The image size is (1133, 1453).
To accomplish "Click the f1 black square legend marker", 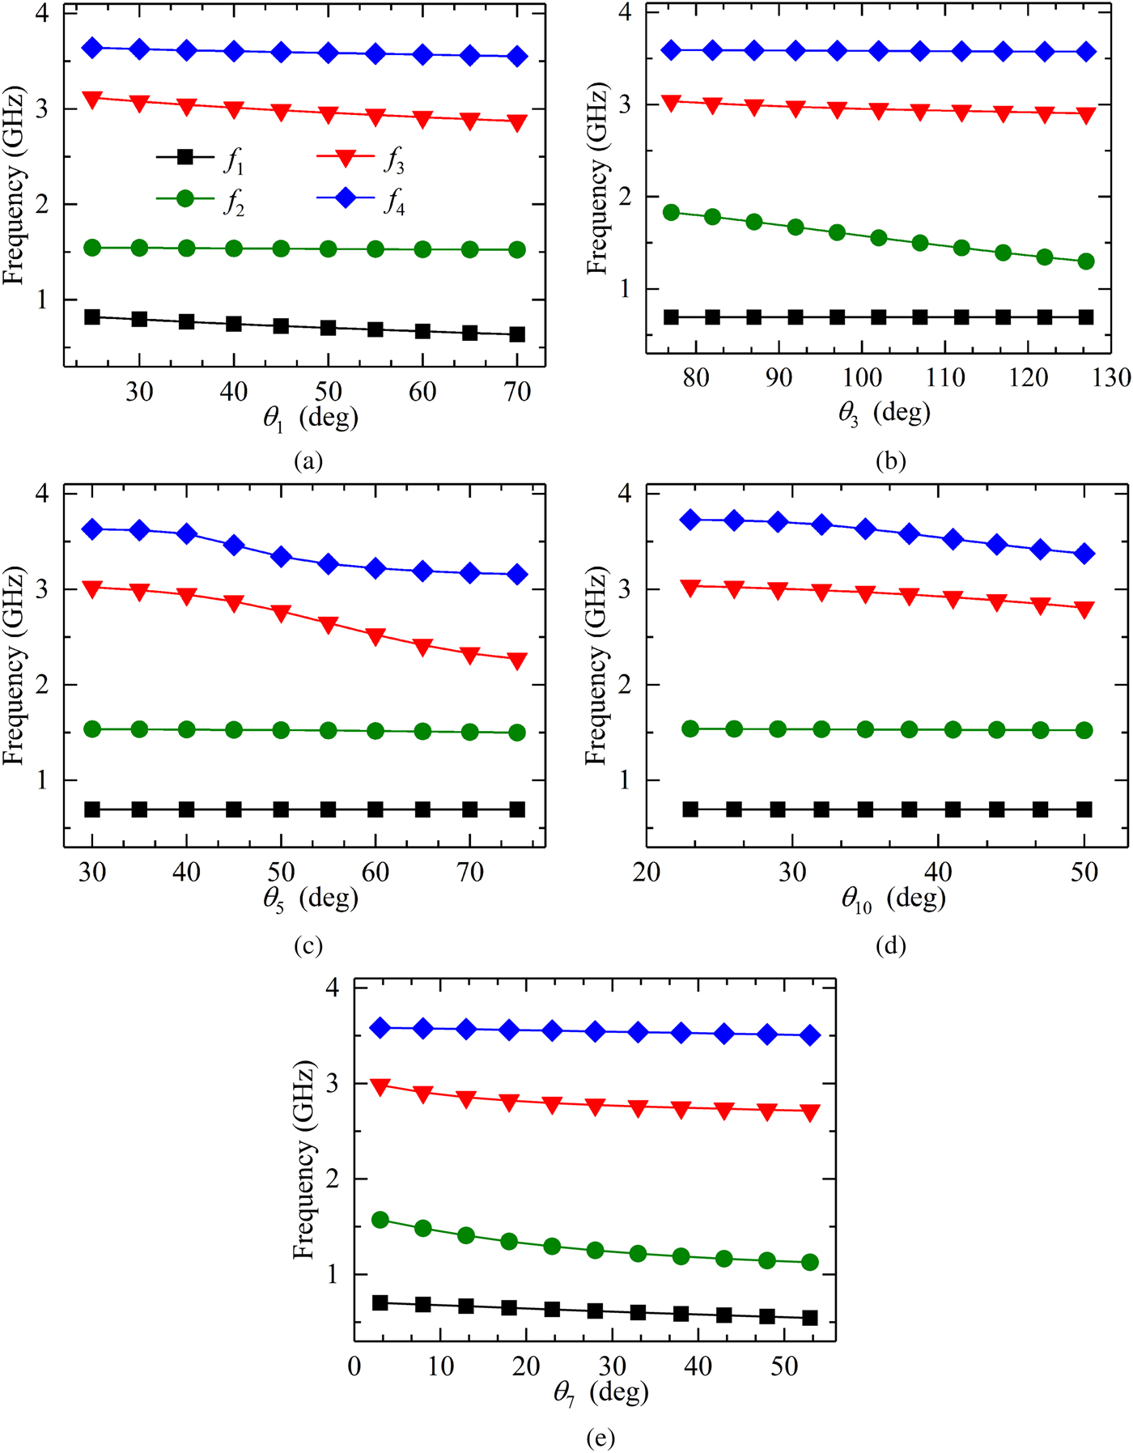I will coord(185,157).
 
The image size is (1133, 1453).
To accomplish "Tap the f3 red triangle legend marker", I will coord(345,158).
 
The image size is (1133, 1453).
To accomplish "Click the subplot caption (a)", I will coord(308,461).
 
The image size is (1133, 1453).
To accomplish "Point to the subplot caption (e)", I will coord(600,1438).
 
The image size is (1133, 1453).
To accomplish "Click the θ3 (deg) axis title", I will coord(884,413).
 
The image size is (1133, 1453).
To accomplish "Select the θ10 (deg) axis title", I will coord(893,899).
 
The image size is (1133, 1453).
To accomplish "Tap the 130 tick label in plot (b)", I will coord(1110,378).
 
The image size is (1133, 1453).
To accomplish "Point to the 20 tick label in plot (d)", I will coord(647,872).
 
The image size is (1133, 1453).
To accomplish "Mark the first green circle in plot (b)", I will coord(671,212).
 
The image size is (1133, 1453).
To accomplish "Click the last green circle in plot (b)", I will coord(1086,261).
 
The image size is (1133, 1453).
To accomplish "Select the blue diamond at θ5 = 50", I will coord(281,556).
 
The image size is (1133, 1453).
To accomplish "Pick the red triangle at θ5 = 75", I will coord(517,661).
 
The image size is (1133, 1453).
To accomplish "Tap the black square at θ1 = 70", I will coord(517,334).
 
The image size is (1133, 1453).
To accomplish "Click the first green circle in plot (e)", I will coord(380,1220).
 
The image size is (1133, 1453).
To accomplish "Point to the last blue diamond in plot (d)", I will coord(1084,554).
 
